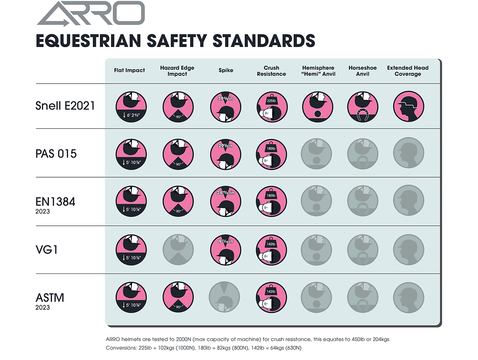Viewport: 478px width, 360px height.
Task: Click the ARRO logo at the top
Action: coord(91,14)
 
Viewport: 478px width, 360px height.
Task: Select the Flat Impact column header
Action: coord(129,71)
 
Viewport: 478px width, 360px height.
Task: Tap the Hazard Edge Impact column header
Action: coord(177,71)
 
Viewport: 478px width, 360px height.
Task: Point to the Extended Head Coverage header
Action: coord(408,71)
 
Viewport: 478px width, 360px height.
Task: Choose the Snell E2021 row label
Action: coord(65,106)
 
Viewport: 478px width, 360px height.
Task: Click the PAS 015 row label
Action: coord(56,154)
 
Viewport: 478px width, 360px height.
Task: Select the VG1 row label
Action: coord(48,249)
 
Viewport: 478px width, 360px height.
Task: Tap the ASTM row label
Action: coord(50,297)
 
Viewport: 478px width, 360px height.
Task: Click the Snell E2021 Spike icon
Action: coord(225,107)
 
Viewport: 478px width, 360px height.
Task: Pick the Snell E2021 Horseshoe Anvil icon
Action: coord(362,107)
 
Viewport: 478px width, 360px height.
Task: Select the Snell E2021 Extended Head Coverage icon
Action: coord(408,107)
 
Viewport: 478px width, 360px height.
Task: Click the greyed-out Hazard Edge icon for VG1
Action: coord(177,250)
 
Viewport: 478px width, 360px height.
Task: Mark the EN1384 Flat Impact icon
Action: coord(131,202)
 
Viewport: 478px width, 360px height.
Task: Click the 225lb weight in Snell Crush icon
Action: coord(271,101)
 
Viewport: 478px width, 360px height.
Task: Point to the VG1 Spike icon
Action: coord(225,249)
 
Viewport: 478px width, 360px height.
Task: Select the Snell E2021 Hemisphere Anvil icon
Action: coord(317,107)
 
